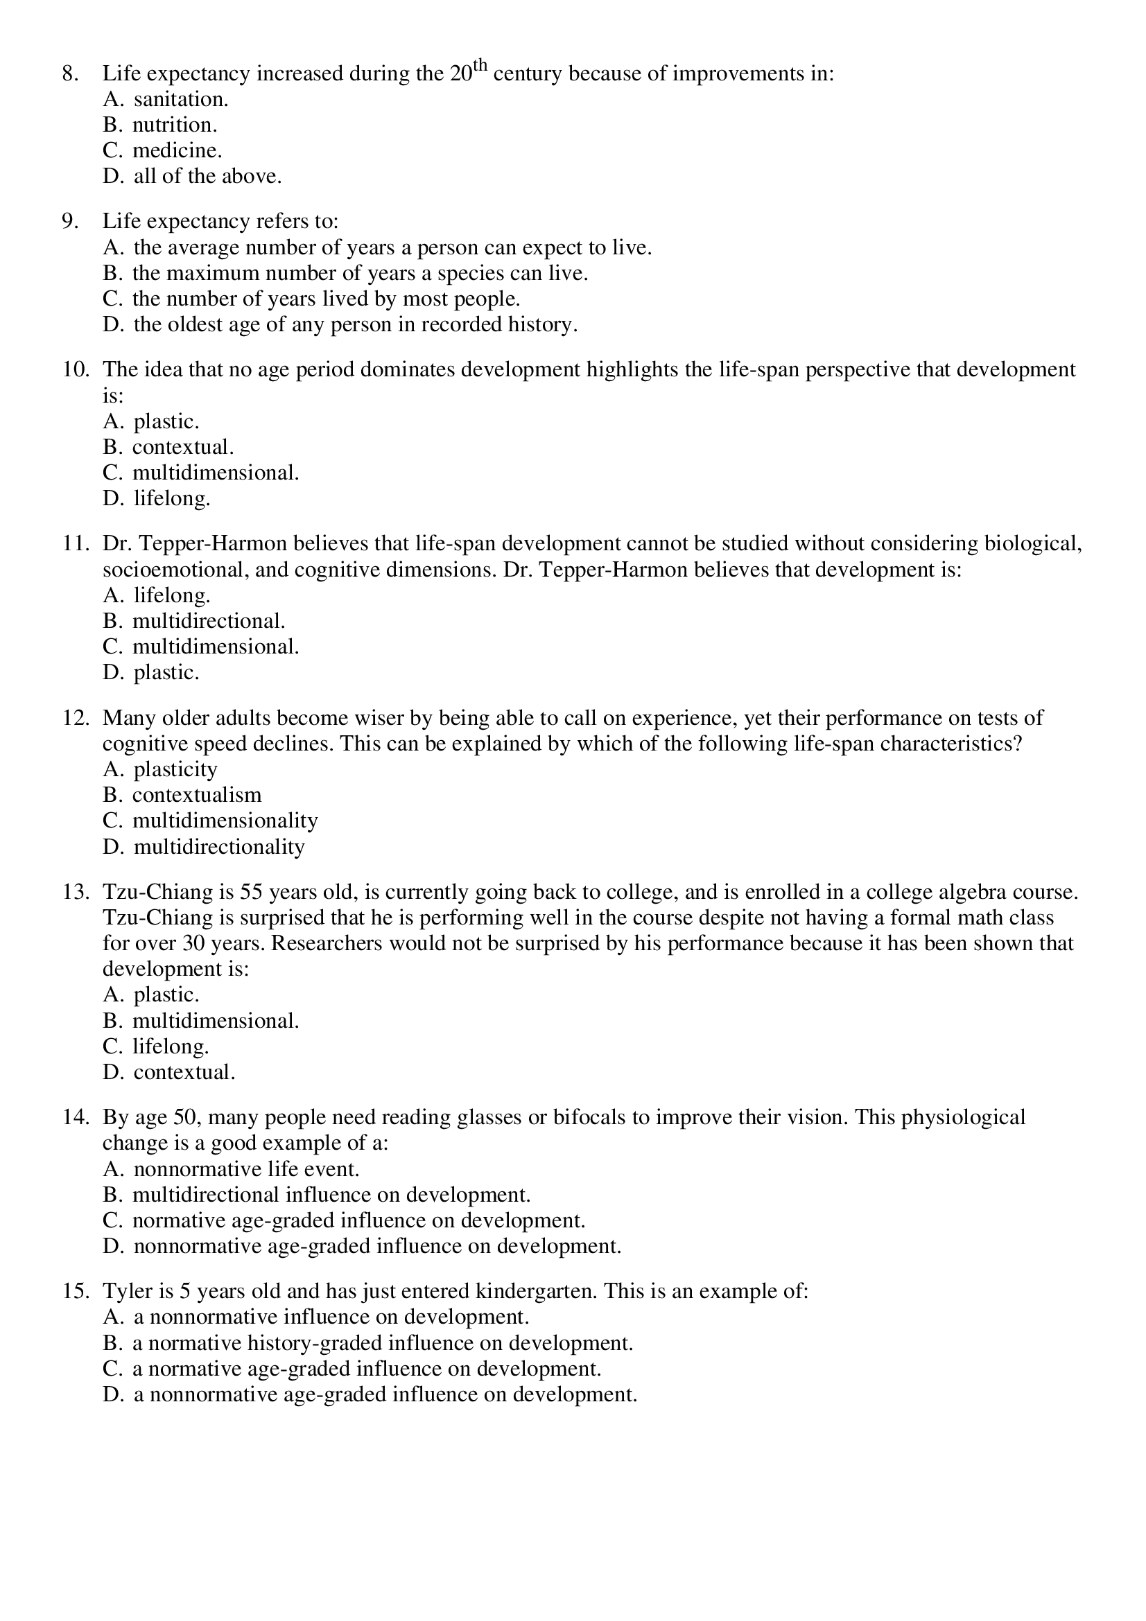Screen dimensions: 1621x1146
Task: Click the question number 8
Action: click(x=70, y=74)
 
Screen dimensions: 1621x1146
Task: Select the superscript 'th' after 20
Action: click(x=480, y=67)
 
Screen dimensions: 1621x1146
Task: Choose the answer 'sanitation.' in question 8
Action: click(x=181, y=100)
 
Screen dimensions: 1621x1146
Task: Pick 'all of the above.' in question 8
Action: click(x=207, y=177)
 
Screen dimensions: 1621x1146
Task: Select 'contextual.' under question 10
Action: click(x=183, y=448)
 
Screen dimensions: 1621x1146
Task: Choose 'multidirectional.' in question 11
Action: click(x=208, y=621)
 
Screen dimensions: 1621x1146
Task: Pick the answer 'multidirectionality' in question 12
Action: click(x=219, y=846)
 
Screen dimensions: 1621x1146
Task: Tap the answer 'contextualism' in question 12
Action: click(x=197, y=795)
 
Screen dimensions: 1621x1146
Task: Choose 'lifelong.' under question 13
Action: click(x=171, y=1046)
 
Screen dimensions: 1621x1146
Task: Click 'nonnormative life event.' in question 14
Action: click(x=246, y=1169)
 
